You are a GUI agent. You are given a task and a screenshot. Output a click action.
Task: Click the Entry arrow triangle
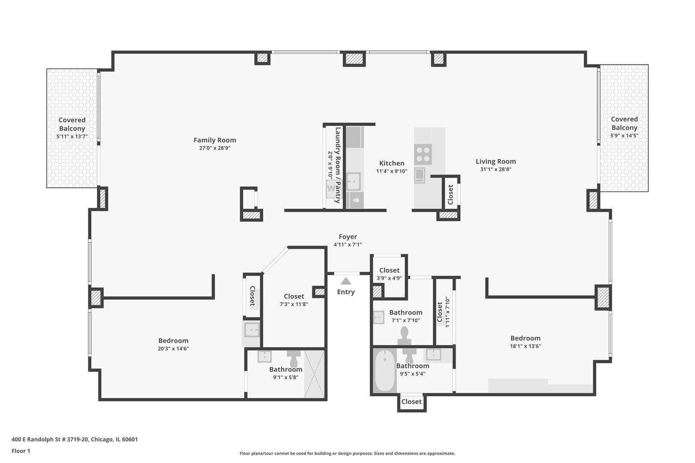(x=346, y=281)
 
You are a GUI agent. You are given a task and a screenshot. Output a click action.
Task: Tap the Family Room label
(x=215, y=140)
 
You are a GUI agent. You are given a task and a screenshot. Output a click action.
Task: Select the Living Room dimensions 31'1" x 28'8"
(x=496, y=169)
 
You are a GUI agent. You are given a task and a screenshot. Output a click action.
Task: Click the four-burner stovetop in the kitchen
(x=423, y=154)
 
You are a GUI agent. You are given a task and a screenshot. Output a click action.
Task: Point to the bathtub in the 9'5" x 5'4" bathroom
(x=384, y=370)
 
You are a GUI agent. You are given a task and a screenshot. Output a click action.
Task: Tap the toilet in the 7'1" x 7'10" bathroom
(x=405, y=334)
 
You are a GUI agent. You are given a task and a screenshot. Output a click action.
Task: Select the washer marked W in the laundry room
(x=330, y=188)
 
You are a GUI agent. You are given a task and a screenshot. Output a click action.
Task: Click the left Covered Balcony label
(x=72, y=124)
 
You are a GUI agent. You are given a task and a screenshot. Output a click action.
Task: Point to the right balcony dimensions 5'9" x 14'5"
(x=624, y=135)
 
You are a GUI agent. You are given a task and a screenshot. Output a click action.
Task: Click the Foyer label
(x=347, y=237)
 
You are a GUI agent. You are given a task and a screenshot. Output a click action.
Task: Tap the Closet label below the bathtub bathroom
(x=411, y=402)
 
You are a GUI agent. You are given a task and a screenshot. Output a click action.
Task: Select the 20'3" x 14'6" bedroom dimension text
(x=173, y=349)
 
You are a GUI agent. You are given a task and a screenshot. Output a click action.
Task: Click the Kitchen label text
(x=391, y=163)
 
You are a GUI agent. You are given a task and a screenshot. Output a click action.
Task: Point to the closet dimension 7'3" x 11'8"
(x=294, y=304)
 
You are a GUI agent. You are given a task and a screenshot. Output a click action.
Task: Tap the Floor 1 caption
(x=21, y=451)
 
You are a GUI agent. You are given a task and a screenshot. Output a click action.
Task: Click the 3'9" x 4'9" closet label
(x=389, y=278)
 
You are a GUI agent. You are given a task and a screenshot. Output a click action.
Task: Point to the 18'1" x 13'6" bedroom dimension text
(x=525, y=346)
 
